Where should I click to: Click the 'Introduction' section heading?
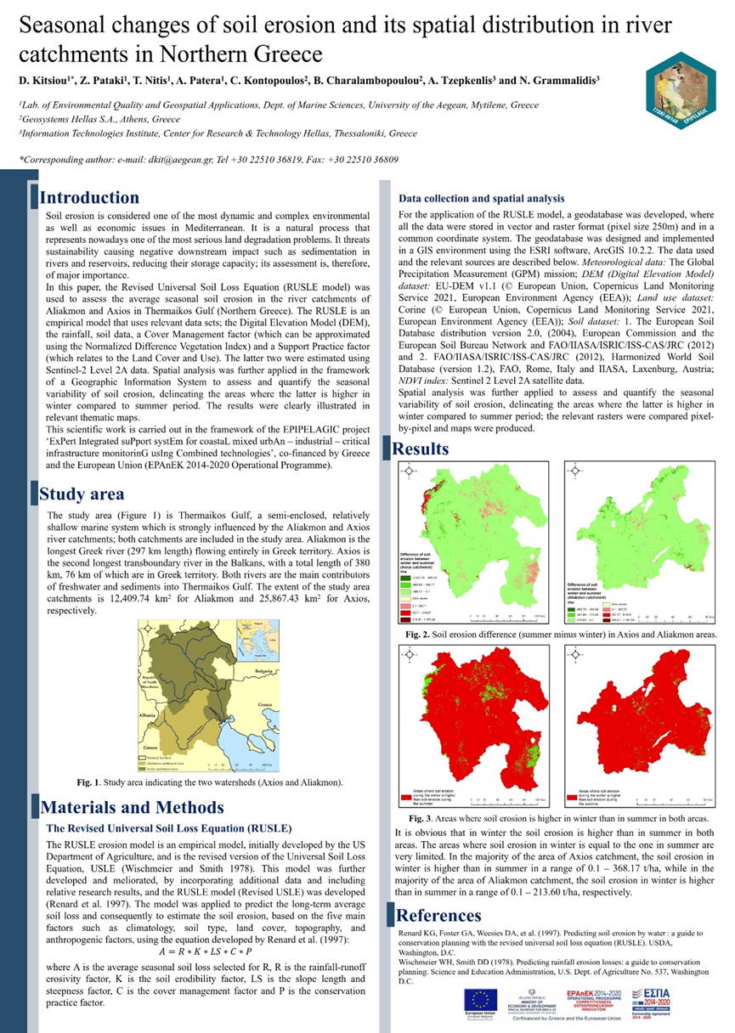90,198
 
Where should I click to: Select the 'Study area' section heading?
82,494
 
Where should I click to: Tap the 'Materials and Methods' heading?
132,807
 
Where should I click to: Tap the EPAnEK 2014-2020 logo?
602,997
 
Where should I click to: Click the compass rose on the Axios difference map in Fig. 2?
409,471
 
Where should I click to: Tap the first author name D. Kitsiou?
42,80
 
